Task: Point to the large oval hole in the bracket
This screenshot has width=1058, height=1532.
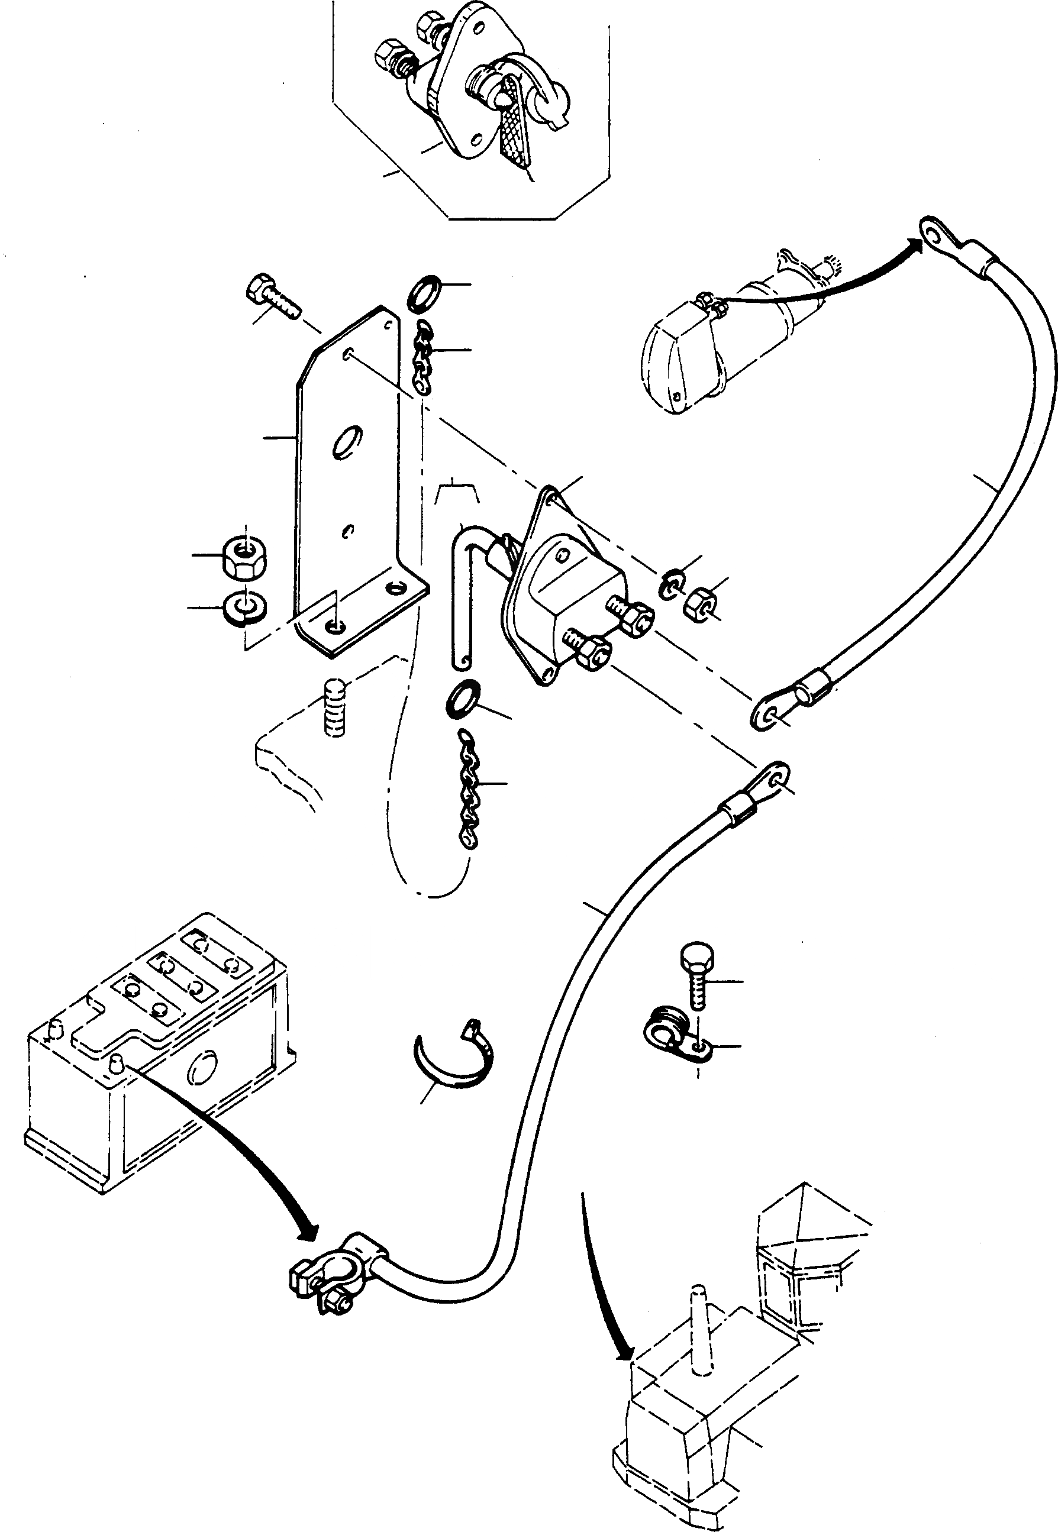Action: [x=347, y=442]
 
